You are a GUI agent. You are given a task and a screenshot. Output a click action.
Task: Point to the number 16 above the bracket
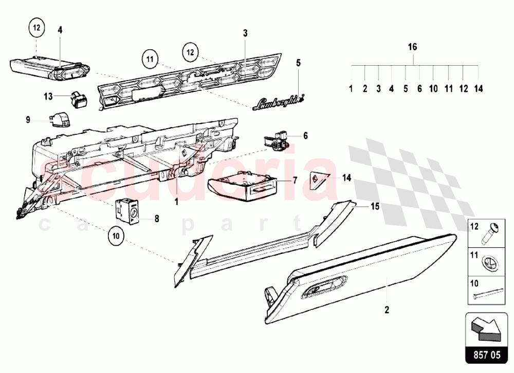(412, 47)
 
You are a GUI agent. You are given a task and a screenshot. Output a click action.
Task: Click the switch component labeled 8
(126, 211)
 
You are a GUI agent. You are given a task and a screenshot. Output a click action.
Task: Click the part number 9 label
(28, 120)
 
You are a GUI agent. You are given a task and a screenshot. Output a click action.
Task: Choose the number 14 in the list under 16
(479, 89)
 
